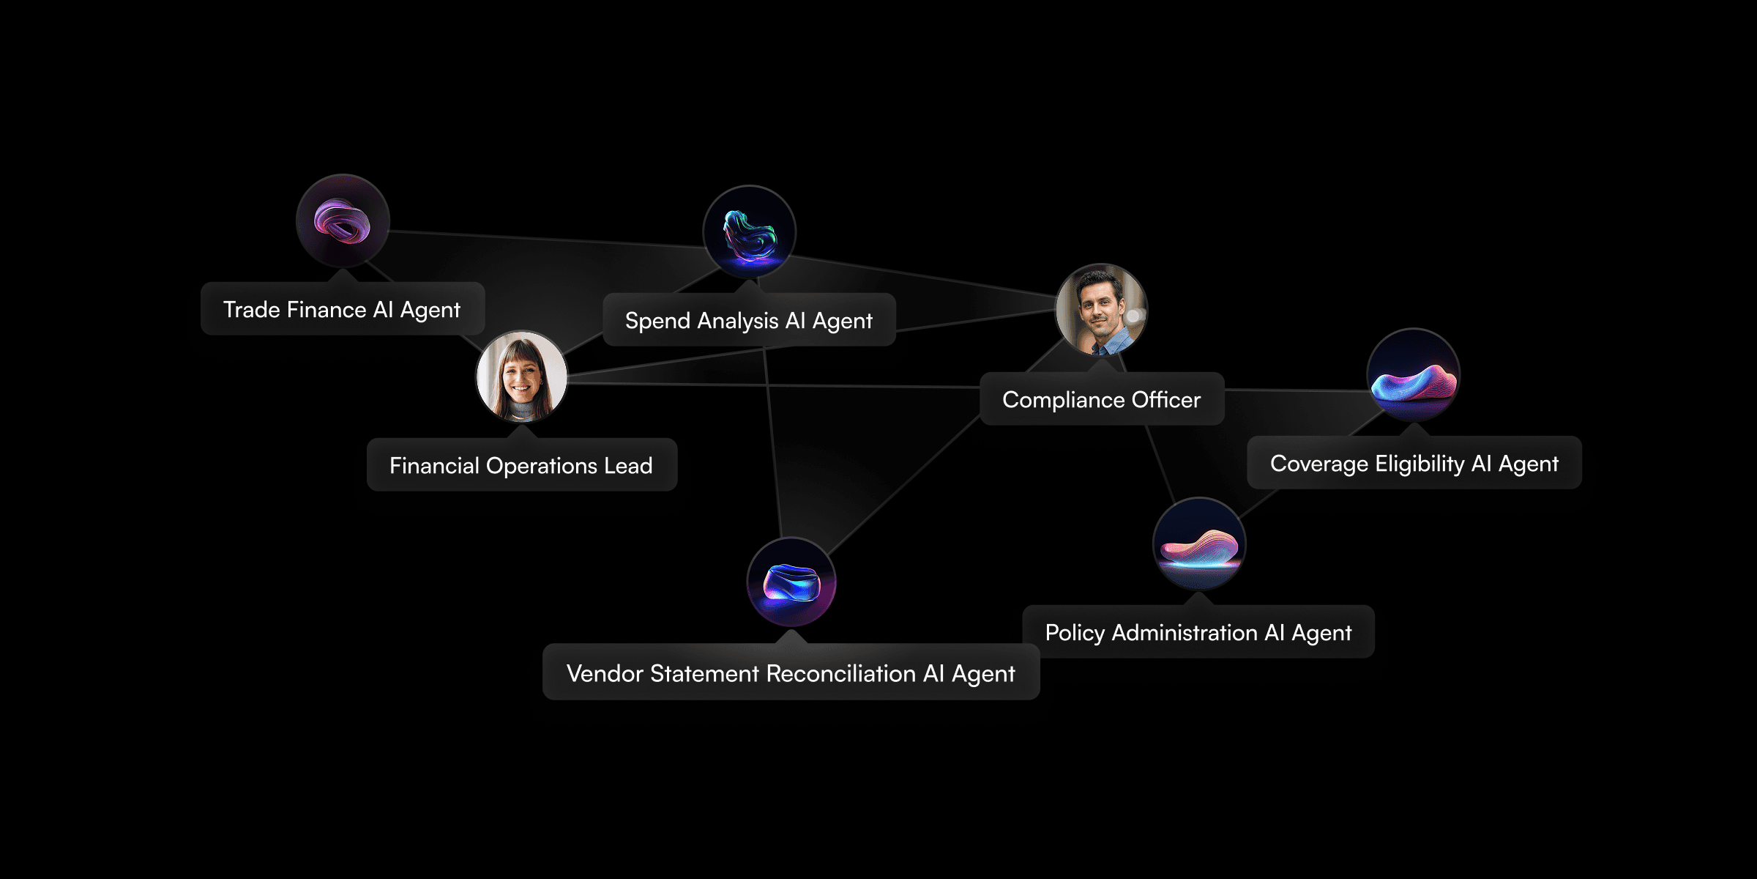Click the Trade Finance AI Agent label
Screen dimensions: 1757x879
click(342, 309)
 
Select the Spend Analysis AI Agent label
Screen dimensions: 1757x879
click(748, 320)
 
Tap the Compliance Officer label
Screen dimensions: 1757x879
click(1101, 399)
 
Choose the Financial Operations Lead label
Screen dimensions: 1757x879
click(521, 465)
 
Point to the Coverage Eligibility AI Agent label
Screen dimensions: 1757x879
click(1414, 463)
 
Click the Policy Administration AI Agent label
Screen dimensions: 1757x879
click(1198, 632)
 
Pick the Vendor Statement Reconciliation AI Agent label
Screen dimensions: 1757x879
click(791, 673)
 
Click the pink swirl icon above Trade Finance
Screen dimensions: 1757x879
click(343, 220)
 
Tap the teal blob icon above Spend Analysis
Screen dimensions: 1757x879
click(749, 232)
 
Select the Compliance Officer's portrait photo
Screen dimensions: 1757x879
click(1101, 310)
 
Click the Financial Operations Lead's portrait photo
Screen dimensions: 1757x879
click(521, 377)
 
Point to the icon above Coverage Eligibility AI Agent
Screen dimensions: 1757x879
click(1413, 374)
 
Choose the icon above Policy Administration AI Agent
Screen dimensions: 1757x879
click(1198, 544)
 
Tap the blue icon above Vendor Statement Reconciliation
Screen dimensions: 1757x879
click(791, 582)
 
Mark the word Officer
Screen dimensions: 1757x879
click(1166, 399)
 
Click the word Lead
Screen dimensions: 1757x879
click(628, 465)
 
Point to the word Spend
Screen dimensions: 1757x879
click(657, 320)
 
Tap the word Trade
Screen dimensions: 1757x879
click(251, 309)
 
